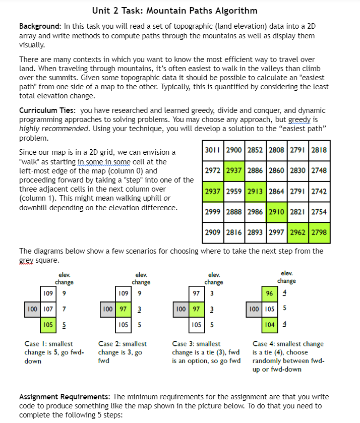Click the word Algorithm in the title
click(233, 11)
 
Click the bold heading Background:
click(40, 26)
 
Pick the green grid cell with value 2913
click(256, 192)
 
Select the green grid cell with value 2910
click(277, 212)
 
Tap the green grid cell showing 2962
click(298, 232)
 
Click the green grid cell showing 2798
click(319, 232)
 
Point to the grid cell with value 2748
click(319, 171)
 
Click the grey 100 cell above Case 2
click(106, 308)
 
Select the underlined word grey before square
click(26, 261)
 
